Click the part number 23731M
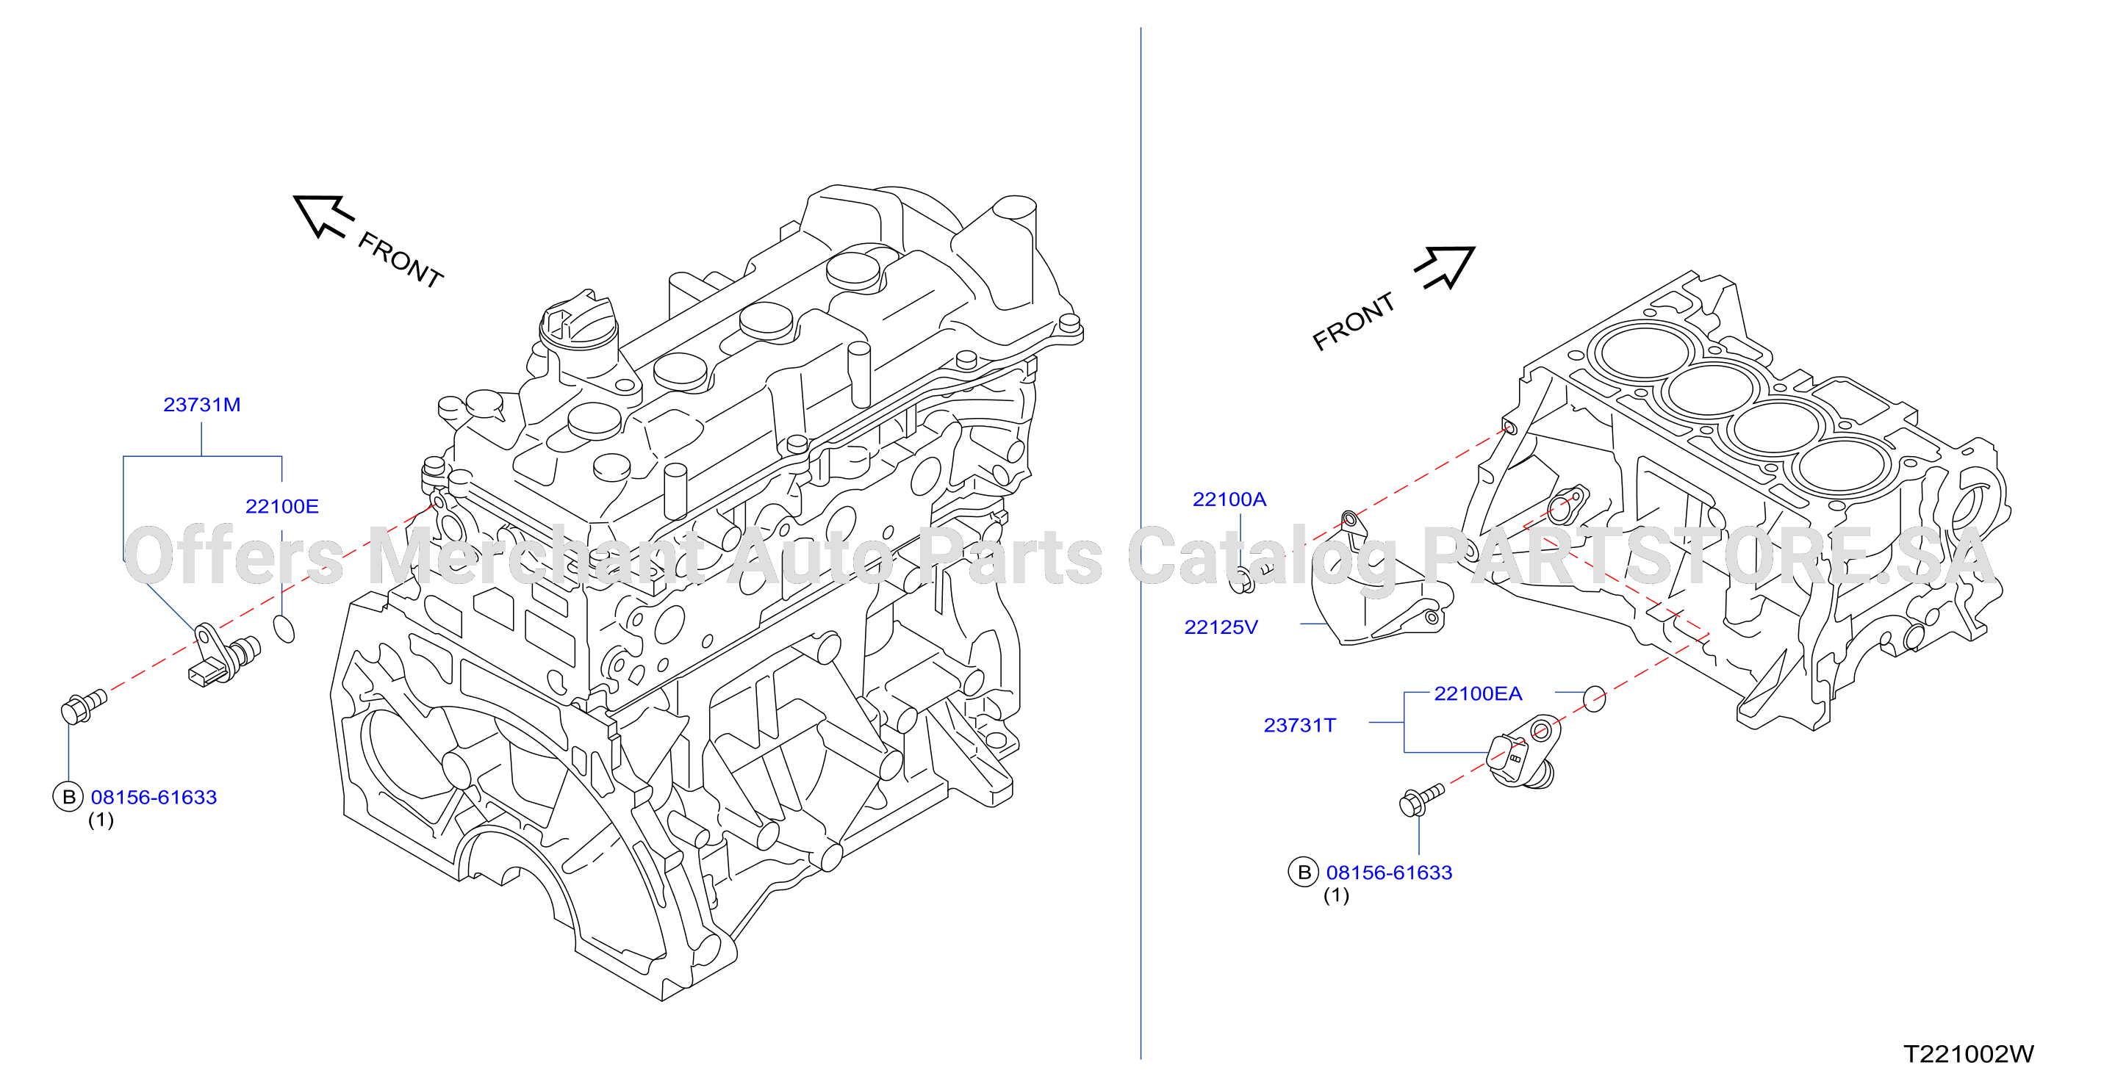(x=202, y=405)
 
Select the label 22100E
(x=281, y=506)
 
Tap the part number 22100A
(x=1229, y=499)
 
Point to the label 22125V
(x=1221, y=627)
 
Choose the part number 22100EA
(x=1478, y=693)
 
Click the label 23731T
(x=1300, y=726)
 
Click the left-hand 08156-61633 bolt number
(x=154, y=797)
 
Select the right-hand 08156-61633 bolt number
(x=1389, y=873)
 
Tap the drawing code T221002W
(x=1969, y=1054)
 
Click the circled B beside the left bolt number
(x=68, y=797)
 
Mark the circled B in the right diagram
(x=1304, y=873)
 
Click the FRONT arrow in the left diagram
(x=323, y=215)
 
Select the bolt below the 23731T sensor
(x=1421, y=799)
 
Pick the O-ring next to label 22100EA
(x=1594, y=699)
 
